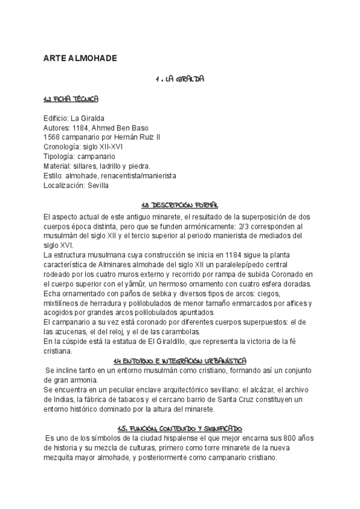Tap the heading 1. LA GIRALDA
[179, 79]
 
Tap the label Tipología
[59, 157]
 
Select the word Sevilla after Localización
[98, 185]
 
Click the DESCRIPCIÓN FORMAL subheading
[179, 205]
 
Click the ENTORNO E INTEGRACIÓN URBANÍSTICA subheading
[179, 360]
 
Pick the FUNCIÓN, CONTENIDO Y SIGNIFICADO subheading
[179, 428]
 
